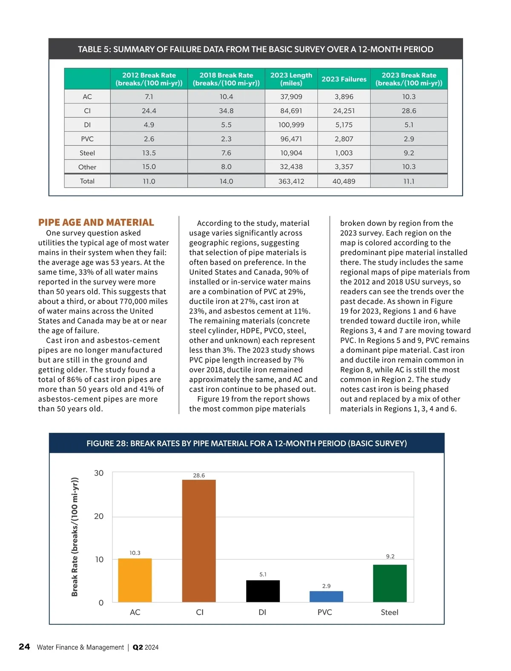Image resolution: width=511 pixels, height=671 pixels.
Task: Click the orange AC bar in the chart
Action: click(135, 580)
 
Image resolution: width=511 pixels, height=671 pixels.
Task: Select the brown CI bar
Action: click(199, 541)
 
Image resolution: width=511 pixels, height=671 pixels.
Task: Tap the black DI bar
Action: click(263, 591)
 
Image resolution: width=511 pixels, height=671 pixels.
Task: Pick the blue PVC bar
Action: click(326, 596)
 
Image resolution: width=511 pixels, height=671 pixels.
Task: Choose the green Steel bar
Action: click(390, 583)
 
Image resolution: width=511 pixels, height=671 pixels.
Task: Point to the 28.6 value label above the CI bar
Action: click(199, 475)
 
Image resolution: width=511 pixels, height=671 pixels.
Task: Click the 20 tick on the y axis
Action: click(99, 516)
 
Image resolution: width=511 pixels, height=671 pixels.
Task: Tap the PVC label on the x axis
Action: click(325, 612)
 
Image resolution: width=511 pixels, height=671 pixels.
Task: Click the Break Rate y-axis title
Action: click(75, 537)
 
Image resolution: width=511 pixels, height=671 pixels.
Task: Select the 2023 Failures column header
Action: click(344, 79)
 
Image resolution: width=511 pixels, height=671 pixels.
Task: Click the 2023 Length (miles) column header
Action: click(291, 79)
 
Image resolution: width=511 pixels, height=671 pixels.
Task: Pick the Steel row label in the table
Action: click(87, 153)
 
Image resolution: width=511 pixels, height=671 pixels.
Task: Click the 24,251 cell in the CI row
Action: click(344, 111)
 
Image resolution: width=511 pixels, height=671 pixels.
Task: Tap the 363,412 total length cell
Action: click(291, 181)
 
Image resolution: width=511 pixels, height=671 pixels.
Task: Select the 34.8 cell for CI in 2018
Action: click(226, 111)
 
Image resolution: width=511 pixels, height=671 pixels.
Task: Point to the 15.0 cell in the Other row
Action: click(149, 167)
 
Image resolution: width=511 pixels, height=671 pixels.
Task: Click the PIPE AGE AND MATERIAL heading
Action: click(96, 222)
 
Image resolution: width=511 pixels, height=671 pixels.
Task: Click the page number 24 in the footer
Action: click(24, 647)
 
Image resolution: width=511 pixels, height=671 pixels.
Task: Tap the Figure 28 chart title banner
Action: click(247, 443)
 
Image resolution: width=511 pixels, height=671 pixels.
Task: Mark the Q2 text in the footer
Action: click(138, 647)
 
